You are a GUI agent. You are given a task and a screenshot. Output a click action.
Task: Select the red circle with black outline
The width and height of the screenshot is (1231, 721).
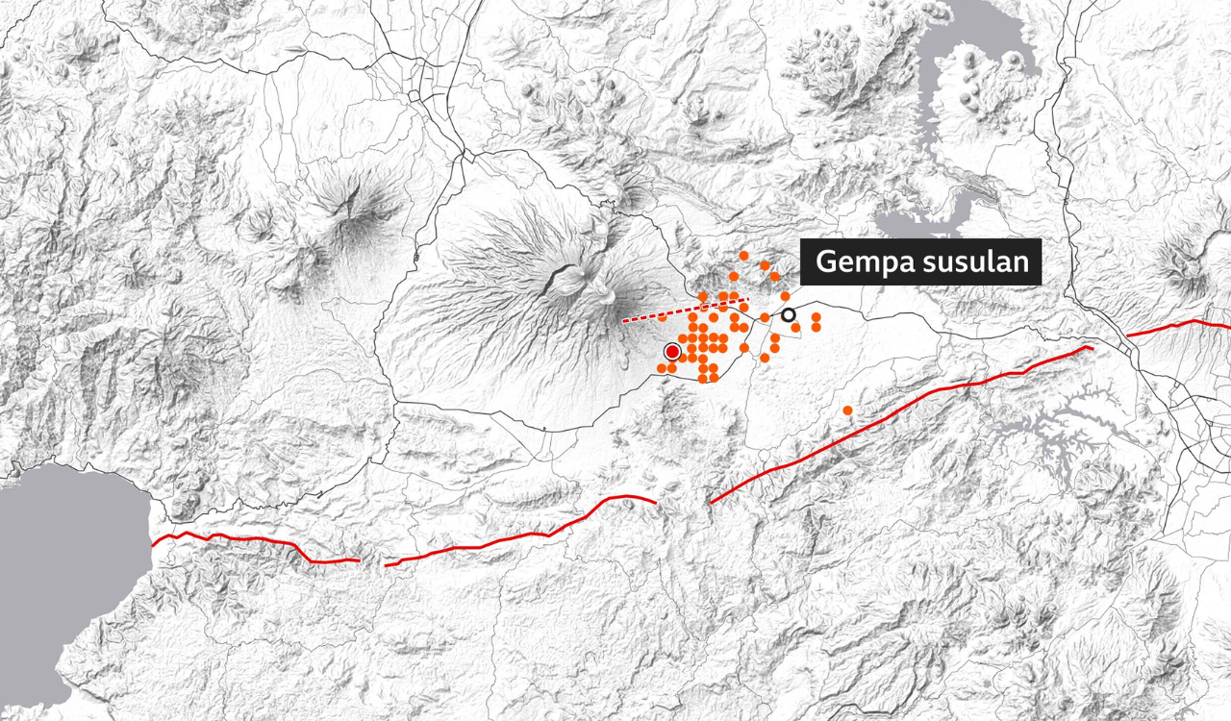point(671,352)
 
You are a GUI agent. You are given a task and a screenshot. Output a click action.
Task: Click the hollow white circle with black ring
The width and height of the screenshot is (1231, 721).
point(789,314)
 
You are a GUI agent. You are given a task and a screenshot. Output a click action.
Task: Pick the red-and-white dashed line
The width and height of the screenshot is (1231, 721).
point(685,311)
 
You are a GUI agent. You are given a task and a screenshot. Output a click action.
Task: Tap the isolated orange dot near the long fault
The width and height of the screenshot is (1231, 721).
point(847,410)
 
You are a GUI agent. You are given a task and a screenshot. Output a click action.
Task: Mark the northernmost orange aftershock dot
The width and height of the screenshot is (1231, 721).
point(743,256)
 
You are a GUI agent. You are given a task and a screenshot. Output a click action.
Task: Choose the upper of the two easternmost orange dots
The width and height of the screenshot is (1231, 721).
point(816,316)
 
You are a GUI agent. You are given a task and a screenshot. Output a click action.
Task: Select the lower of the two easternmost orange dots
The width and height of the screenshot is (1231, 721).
point(816,328)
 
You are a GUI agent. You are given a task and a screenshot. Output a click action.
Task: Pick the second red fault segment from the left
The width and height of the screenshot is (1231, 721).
point(519,535)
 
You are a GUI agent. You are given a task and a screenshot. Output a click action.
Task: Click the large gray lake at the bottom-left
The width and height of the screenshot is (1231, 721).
point(58,567)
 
